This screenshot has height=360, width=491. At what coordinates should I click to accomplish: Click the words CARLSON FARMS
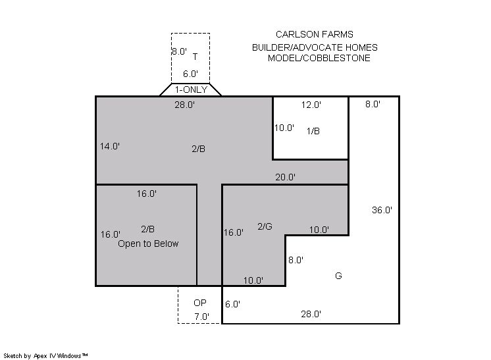point(315,34)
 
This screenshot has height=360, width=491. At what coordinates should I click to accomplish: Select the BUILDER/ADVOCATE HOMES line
point(315,47)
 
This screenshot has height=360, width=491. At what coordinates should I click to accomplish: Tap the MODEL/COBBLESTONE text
point(319,58)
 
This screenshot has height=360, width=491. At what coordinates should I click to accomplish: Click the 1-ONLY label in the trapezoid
point(191,90)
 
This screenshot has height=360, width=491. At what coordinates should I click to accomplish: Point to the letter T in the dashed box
point(195,57)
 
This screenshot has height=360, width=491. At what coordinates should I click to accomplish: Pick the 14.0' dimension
point(110,146)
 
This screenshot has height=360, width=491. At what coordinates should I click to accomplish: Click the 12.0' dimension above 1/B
point(311,105)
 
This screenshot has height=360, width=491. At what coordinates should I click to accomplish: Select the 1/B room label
point(313,131)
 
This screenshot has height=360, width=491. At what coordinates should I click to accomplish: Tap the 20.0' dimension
point(285,178)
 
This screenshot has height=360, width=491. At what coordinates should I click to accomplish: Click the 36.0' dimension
point(382,210)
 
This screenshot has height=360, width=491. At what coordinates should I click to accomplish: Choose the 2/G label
point(265,226)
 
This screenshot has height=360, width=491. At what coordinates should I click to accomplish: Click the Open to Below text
point(148,244)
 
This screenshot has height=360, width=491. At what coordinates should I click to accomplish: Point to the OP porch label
point(200,303)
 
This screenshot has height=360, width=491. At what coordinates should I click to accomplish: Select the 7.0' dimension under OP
point(201,317)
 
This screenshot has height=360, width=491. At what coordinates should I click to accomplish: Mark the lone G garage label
point(338,276)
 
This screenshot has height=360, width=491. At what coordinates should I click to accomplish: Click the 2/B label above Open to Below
point(148,229)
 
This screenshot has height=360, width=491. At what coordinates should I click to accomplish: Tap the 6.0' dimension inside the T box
point(191,74)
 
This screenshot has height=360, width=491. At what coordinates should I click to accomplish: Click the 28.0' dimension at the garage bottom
point(311,314)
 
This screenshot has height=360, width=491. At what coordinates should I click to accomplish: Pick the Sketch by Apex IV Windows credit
point(45,356)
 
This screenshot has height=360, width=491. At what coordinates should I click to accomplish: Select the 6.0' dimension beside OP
point(232,304)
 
